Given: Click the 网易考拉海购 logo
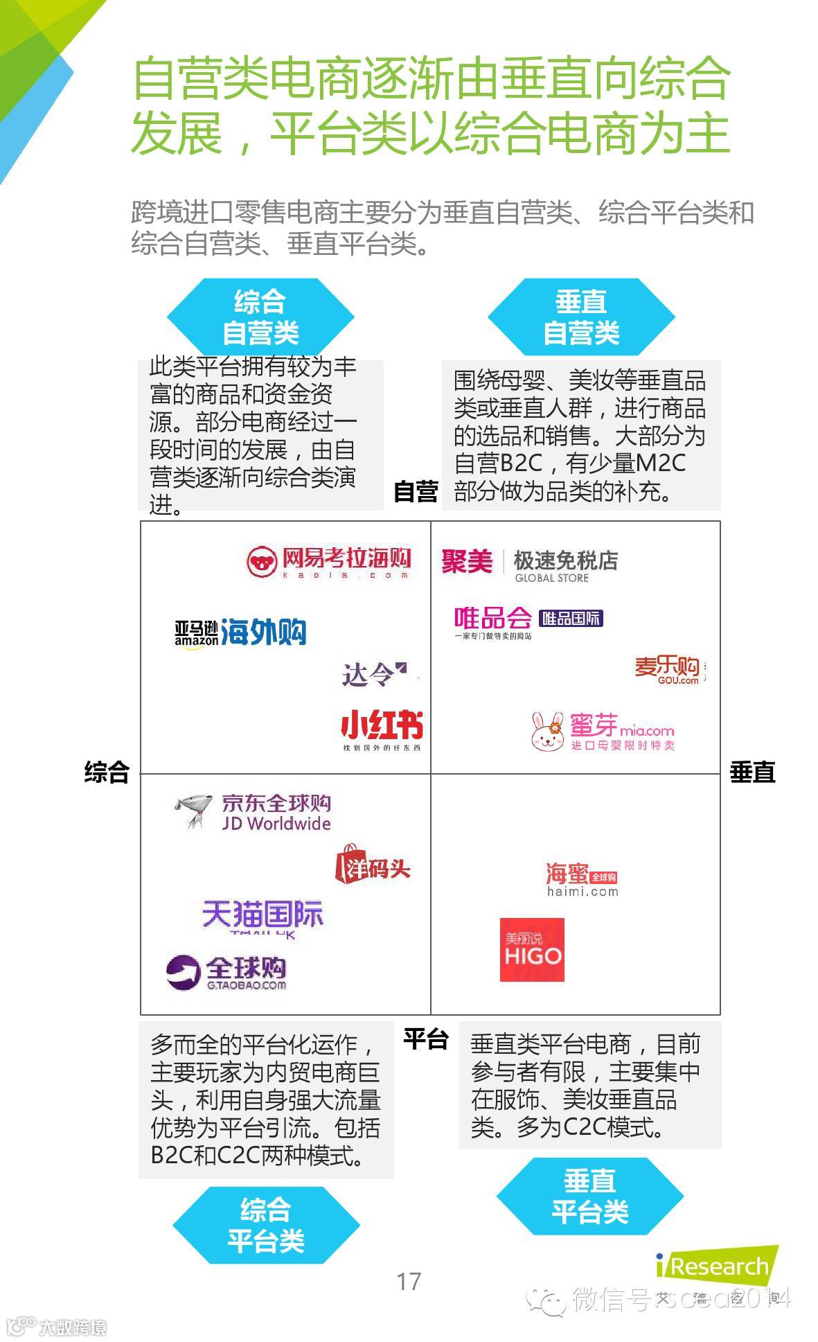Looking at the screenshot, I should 329,561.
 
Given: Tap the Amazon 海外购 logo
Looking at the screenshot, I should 240,632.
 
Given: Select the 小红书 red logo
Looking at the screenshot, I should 382,729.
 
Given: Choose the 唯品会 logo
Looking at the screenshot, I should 528,621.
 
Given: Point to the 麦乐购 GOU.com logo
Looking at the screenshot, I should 668,670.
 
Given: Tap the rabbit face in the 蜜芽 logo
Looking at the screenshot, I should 548,733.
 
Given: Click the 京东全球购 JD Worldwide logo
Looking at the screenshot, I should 253,812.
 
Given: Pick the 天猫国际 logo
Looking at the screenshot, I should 263,917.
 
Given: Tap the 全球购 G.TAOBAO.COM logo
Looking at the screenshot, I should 226,973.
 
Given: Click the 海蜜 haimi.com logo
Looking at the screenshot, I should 582,879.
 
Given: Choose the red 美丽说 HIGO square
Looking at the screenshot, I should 532,950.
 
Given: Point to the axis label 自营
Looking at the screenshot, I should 416,491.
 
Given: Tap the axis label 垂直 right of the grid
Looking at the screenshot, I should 752,772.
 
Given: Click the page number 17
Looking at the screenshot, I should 409,1281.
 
